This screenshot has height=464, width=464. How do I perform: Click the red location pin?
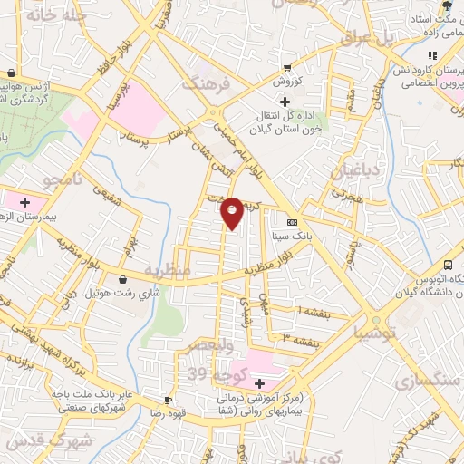[232, 211]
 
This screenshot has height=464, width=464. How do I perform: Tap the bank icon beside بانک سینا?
[291, 222]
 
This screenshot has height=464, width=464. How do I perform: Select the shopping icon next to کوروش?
[287, 66]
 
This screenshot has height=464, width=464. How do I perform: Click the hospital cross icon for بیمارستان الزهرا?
[24, 201]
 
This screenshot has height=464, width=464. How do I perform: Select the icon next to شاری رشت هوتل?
[122, 279]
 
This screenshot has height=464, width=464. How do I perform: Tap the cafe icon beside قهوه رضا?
[167, 400]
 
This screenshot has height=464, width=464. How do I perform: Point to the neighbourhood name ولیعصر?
[212, 347]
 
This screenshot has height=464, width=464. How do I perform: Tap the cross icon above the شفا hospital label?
[259, 383]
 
